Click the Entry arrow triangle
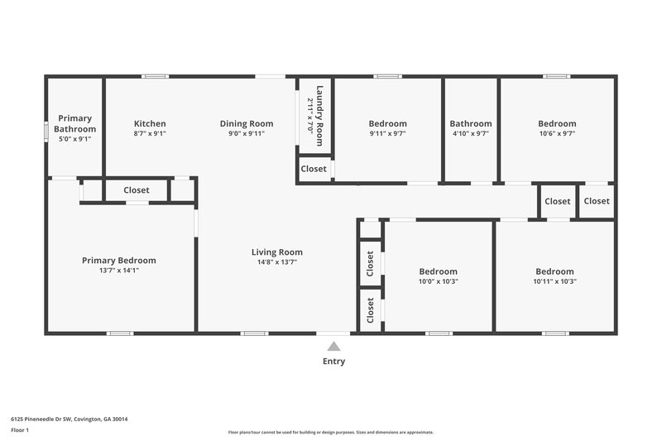333,347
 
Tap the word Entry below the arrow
333,362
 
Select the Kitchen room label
150,123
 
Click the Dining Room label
247,123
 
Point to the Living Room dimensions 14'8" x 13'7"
277,263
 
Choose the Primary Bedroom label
118,261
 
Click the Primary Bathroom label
74,124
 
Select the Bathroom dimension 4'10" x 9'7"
470,133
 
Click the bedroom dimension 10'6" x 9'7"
556,133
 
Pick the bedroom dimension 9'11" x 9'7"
387,133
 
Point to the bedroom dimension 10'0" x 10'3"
438,281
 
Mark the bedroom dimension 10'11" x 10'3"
554,281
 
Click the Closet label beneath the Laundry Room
314,169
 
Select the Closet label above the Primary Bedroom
137,190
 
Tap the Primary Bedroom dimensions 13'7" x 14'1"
118,271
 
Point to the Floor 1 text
20,431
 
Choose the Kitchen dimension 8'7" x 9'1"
150,133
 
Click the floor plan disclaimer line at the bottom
330,432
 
